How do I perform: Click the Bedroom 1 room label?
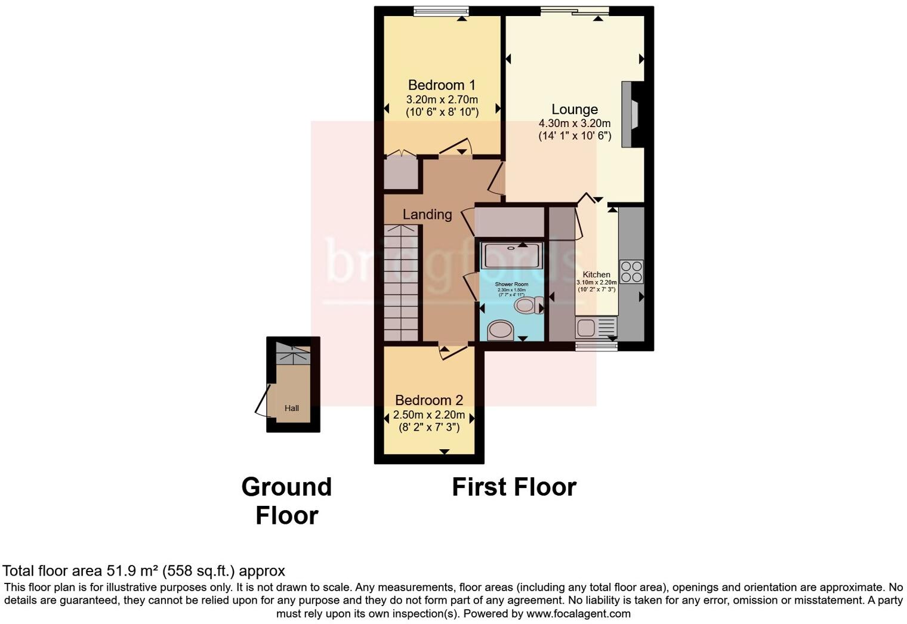pyautogui.click(x=442, y=85)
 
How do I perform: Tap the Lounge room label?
pyautogui.click(x=574, y=110)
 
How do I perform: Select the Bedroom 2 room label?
pyautogui.click(x=428, y=400)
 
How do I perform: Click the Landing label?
pyautogui.click(x=427, y=215)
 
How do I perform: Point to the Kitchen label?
pyautogui.click(x=596, y=275)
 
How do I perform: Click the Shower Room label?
pyautogui.click(x=511, y=285)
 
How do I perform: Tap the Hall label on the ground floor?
pyautogui.click(x=292, y=409)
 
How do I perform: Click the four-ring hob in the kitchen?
pyautogui.click(x=631, y=271)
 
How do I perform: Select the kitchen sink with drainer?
pyautogui.click(x=596, y=328)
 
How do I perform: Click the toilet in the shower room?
pyautogui.click(x=529, y=306)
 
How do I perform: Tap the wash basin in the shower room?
pyautogui.click(x=501, y=330)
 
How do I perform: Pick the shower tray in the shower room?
pyautogui.click(x=512, y=255)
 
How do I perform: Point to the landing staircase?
pyautogui.click(x=401, y=283)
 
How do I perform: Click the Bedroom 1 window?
pyautogui.click(x=441, y=11)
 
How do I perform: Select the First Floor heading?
pyautogui.click(x=514, y=487)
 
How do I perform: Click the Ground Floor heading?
pyautogui.click(x=286, y=501)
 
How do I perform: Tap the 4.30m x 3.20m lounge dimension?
pyautogui.click(x=574, y=123)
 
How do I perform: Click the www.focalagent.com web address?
pyautogui.click(x=578, y=613)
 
